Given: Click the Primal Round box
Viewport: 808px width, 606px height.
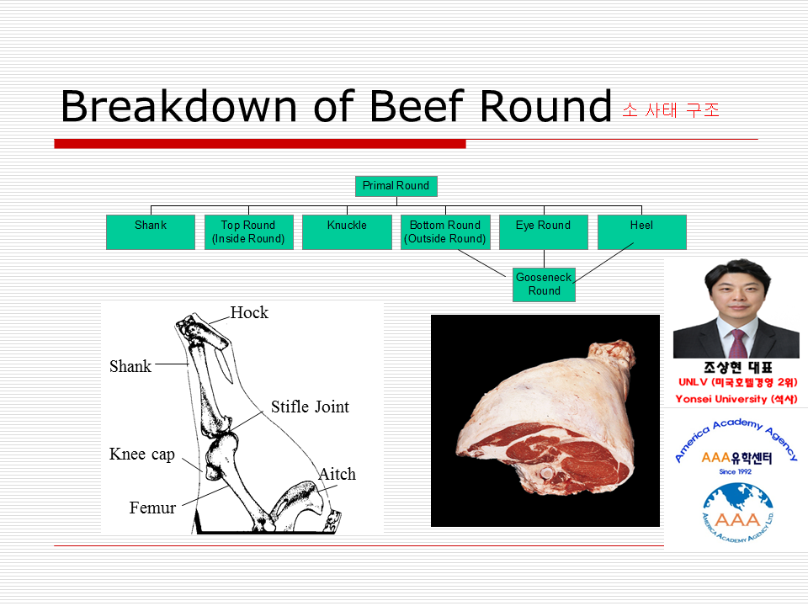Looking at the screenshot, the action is click(x=396, y=186).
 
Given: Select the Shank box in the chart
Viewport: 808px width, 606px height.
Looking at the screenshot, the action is click(x=151, y=232).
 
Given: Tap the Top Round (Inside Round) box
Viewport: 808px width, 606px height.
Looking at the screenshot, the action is click(x=249, y=232).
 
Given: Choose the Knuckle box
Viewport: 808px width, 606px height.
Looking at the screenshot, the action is click(x=347, y=232).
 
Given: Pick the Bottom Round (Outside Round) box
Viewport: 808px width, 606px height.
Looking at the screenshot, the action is click(x=445, y=232).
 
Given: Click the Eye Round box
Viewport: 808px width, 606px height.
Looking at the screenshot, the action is click(x=544, y=232).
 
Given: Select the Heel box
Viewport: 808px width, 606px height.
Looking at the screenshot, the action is click(x=642, y=232).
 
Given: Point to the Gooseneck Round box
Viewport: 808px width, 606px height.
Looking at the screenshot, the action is click(x=545, y=284).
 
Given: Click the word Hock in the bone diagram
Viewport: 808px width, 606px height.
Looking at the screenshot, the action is click(x=249, y=312).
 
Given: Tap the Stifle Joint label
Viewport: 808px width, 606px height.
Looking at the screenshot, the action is click(x=311, y=407).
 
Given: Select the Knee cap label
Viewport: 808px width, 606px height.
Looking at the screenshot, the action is click(x=142, y=454).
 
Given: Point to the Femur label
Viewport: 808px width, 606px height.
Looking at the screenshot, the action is click(x=152, y=508).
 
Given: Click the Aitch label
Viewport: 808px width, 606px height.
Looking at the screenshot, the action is click(x=338, y=474).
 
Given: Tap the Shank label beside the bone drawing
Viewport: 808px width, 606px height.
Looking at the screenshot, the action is click(x=130, y=366).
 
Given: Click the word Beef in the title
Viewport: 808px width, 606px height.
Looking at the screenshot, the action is click(x=417, y=106).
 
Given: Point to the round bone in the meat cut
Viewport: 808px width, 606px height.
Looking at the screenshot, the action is click(x=545, y=472).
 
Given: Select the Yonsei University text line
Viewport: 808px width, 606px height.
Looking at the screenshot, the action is click(x=736, y=399).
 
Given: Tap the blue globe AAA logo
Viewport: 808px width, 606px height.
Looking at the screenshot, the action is click(x=738, y=513).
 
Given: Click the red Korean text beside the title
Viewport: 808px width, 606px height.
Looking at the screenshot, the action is click(x=671, y=109).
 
